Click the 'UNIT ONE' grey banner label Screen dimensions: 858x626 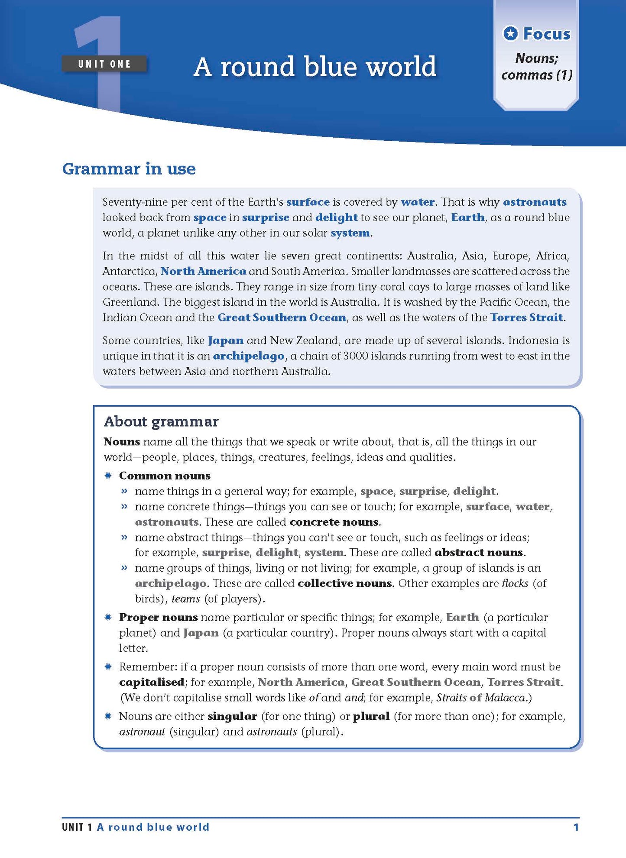point(104,64)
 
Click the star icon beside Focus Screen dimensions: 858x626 point(511,33)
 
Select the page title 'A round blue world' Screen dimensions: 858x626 point(315,67)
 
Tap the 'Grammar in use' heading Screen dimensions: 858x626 point(129,168)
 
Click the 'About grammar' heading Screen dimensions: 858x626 point(161,421)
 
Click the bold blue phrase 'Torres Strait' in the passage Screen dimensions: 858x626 point(526,317)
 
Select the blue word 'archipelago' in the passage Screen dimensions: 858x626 point(249,356)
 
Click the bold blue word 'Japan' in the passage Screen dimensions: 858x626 point(225,341)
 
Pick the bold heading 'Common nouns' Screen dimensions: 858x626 point(165,476)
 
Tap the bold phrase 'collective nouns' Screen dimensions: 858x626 point(345,583)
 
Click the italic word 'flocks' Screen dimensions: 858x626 point(515,583)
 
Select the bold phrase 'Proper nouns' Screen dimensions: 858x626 point(158,617)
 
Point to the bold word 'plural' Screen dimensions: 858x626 point(371,716)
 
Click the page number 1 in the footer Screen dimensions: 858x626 point(576,827)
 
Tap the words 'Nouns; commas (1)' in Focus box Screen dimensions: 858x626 point(537,67)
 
